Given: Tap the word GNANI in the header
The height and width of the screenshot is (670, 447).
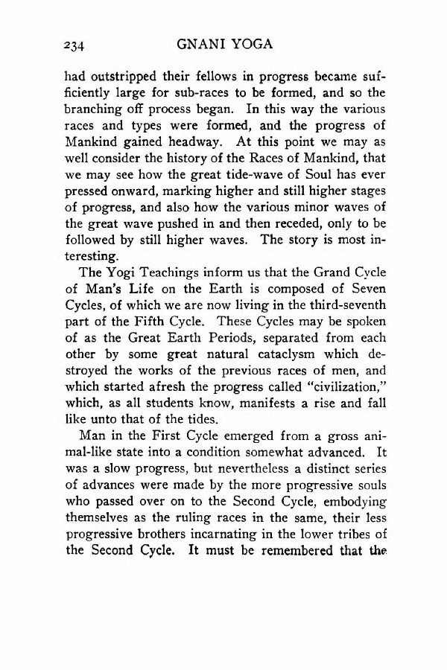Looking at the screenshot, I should [x=203, y=43].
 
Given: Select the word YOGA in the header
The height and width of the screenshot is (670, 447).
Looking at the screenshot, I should [x=253, y=43].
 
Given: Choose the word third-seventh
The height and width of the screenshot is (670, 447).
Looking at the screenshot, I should [x=349, y=328].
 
